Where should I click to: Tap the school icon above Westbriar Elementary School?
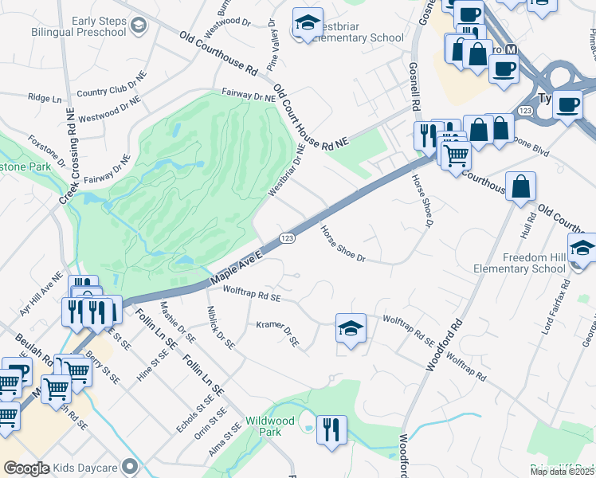[306, 25]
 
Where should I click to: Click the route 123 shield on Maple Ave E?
[288, 238]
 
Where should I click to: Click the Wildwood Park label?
[270, 426]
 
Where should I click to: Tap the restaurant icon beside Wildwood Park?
[331, 429]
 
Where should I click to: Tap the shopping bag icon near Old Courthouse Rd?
[520, 186]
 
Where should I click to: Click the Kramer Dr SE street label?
[278, 332]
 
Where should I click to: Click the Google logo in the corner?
[26, 468]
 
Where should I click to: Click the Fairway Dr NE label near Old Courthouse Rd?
[249, 95]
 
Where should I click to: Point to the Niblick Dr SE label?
[220, 327]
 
